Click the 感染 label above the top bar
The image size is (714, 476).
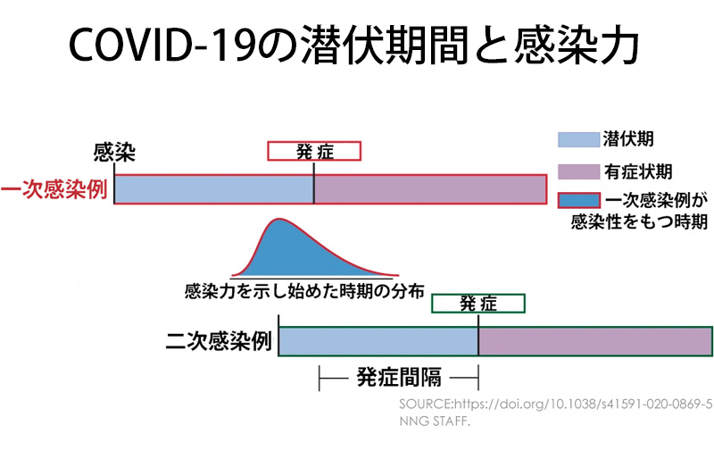[114, 152]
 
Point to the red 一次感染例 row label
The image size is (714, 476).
[54, 189]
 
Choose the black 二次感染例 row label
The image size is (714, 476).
[219, 341]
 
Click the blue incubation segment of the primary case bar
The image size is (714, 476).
[214, 189]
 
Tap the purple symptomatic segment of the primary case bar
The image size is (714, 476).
[430, 189]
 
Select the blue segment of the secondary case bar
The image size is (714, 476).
[378, 341]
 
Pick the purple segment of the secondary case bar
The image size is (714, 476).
[595, 341]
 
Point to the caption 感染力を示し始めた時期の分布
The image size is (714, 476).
[304, 291]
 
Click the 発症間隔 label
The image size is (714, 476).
[399, 378]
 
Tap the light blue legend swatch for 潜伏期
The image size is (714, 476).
[578, 139]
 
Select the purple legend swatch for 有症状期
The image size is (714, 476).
[578, 171]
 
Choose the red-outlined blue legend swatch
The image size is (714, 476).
[578, 200]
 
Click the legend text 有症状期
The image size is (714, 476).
[638, 171]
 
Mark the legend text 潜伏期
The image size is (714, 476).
[628, 139]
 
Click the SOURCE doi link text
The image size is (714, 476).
[555, 405]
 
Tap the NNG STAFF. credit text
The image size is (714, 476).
[435, 422]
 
